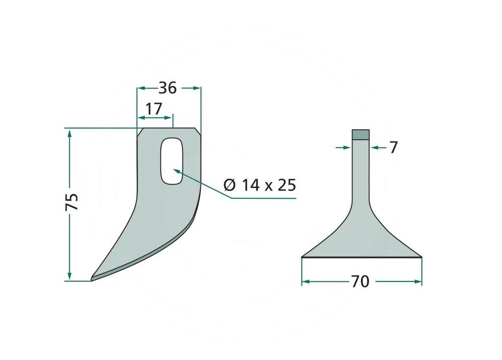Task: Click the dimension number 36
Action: (168, 88)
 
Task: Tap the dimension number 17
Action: (153, 109)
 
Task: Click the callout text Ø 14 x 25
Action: (260, 185)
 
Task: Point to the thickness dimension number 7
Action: (394, 147)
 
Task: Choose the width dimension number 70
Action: (360, 281)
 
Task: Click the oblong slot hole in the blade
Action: (172, 161)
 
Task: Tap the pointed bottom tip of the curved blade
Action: (92, 280)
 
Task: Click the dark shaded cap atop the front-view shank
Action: (361, 134)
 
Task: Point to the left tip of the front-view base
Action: (302, 257)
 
